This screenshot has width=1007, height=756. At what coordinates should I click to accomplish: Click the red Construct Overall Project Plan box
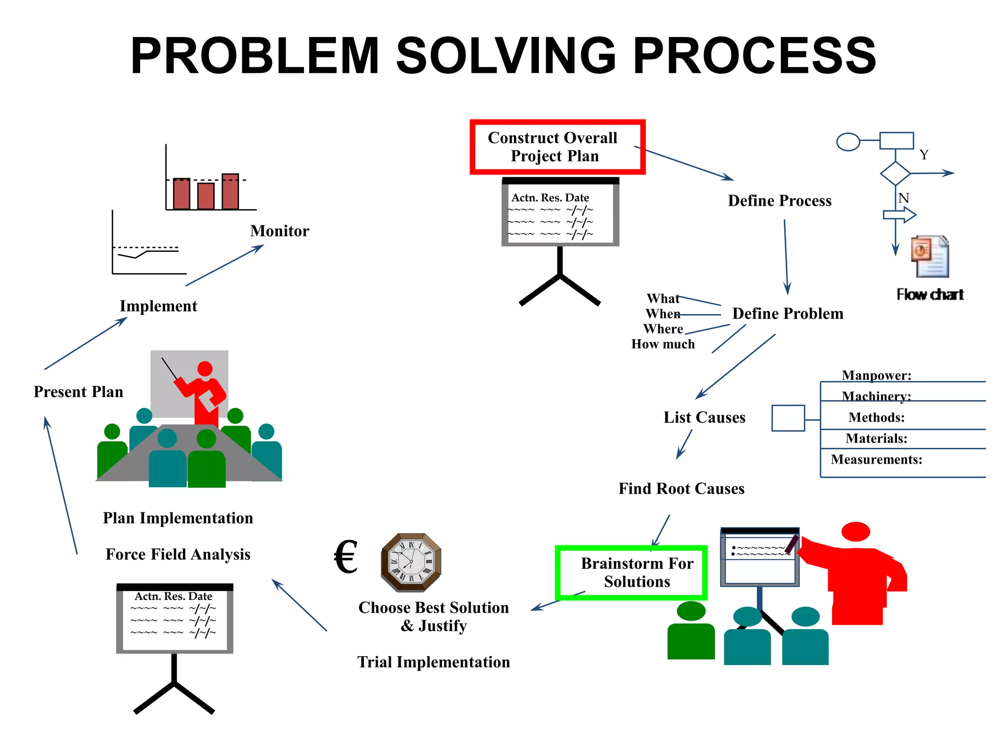(557, 147)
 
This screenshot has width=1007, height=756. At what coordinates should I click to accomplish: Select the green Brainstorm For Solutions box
(631, 573)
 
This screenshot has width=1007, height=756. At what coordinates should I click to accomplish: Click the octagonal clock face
(411, 562)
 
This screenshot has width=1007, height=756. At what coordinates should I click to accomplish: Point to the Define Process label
(779, 201)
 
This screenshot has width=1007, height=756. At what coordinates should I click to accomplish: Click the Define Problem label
(787, 314)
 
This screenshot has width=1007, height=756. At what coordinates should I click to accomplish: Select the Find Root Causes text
(681, 489)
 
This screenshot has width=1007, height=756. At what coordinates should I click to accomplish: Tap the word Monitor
(279, 231)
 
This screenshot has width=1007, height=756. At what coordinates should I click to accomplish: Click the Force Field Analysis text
(178, 555)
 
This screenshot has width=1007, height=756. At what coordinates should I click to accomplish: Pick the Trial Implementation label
(433, 662)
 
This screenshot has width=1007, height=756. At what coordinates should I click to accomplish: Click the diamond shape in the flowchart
(895, 173)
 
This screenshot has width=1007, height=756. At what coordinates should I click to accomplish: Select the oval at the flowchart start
(848, 142)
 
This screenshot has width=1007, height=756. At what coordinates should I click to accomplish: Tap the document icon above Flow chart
(930, 256)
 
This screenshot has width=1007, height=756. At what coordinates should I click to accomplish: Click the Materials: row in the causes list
(876, 439)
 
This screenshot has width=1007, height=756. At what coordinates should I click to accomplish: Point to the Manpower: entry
(876, 376)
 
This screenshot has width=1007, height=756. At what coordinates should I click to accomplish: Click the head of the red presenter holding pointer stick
(205, 369)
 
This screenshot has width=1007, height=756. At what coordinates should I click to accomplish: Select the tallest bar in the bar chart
(230, 191)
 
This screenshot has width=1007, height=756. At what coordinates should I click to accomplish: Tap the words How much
(663, 345)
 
